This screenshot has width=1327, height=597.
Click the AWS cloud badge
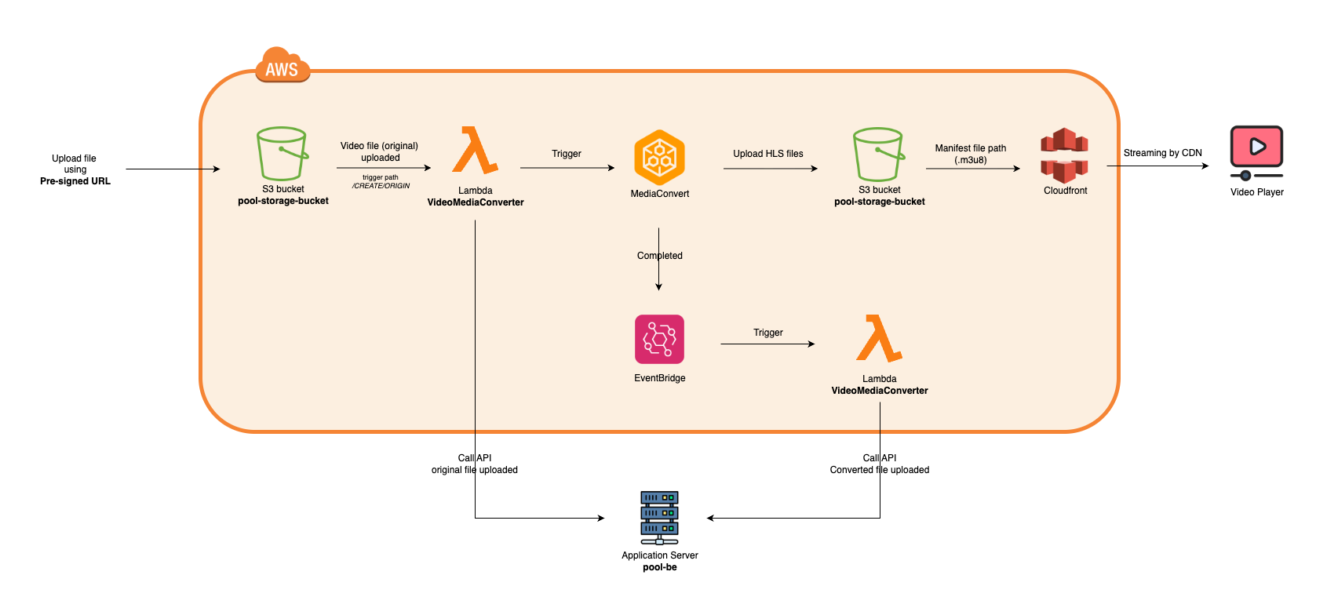click(283, 64)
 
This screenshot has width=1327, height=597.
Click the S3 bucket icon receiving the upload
click(283, 154)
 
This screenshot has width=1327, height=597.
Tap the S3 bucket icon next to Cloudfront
click(879, 154)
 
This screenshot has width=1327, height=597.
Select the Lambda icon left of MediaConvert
click(475, 150)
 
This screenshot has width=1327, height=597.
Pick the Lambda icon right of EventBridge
click(879, 338)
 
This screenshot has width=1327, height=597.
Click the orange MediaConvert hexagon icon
click(659, 158)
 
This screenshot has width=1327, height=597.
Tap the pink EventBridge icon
click(659, 340)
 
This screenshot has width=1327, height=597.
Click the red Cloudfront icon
click(1065, 155)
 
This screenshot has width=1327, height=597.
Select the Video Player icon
click(1256, 153)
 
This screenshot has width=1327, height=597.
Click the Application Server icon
click(659, 518)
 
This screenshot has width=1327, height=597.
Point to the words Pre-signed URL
click(75, 181)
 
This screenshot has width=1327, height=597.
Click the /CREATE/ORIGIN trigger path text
click(381, 186)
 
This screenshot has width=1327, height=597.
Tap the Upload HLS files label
click(768, 154)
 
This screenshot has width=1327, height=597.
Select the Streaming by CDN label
click(1163, 153)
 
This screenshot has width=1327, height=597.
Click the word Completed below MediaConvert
click(659, 256)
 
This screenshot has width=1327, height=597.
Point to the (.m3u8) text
click(971, 160)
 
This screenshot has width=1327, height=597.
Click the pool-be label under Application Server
click(659, 567)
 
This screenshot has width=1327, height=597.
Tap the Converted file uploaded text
click(879, 470)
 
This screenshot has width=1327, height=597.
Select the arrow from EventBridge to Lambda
click(767, 344)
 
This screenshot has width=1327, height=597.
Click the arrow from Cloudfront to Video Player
click(1157, 166)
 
